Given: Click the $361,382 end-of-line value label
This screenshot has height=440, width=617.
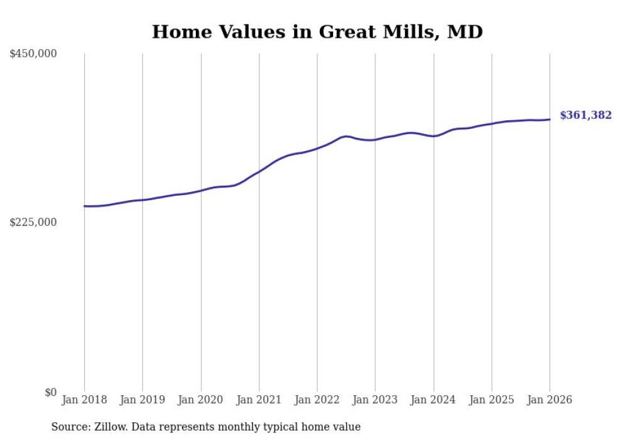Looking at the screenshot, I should point(585,115).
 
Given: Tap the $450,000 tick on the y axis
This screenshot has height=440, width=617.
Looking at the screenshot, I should point(33,54).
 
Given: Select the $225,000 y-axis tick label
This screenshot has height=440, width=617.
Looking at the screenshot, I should point(33,222).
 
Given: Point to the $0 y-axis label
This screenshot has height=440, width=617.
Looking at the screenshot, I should point(50,392).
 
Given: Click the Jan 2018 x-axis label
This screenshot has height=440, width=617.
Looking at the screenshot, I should point(84,400).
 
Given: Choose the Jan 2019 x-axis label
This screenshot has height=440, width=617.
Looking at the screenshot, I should point(142,400).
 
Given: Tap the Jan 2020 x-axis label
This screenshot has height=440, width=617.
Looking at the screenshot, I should point(201,400).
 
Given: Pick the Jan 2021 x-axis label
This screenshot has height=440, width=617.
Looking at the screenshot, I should point(259,400).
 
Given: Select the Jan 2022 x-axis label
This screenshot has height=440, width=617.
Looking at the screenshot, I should point(317,400).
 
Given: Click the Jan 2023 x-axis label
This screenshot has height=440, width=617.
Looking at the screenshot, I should point(375,400).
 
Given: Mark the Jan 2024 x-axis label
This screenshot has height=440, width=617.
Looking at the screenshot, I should point(434,400).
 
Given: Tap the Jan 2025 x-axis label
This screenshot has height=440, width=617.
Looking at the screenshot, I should point(492,400).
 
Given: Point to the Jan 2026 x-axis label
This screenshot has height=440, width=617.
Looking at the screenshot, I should point(550,400).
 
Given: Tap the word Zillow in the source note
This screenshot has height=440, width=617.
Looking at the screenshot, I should point(112,427).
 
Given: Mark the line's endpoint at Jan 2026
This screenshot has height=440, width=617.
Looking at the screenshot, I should point(550,120).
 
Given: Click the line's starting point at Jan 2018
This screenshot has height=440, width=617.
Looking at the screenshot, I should point(84,206).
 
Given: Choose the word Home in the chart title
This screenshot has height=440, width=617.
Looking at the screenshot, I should point(179,31).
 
